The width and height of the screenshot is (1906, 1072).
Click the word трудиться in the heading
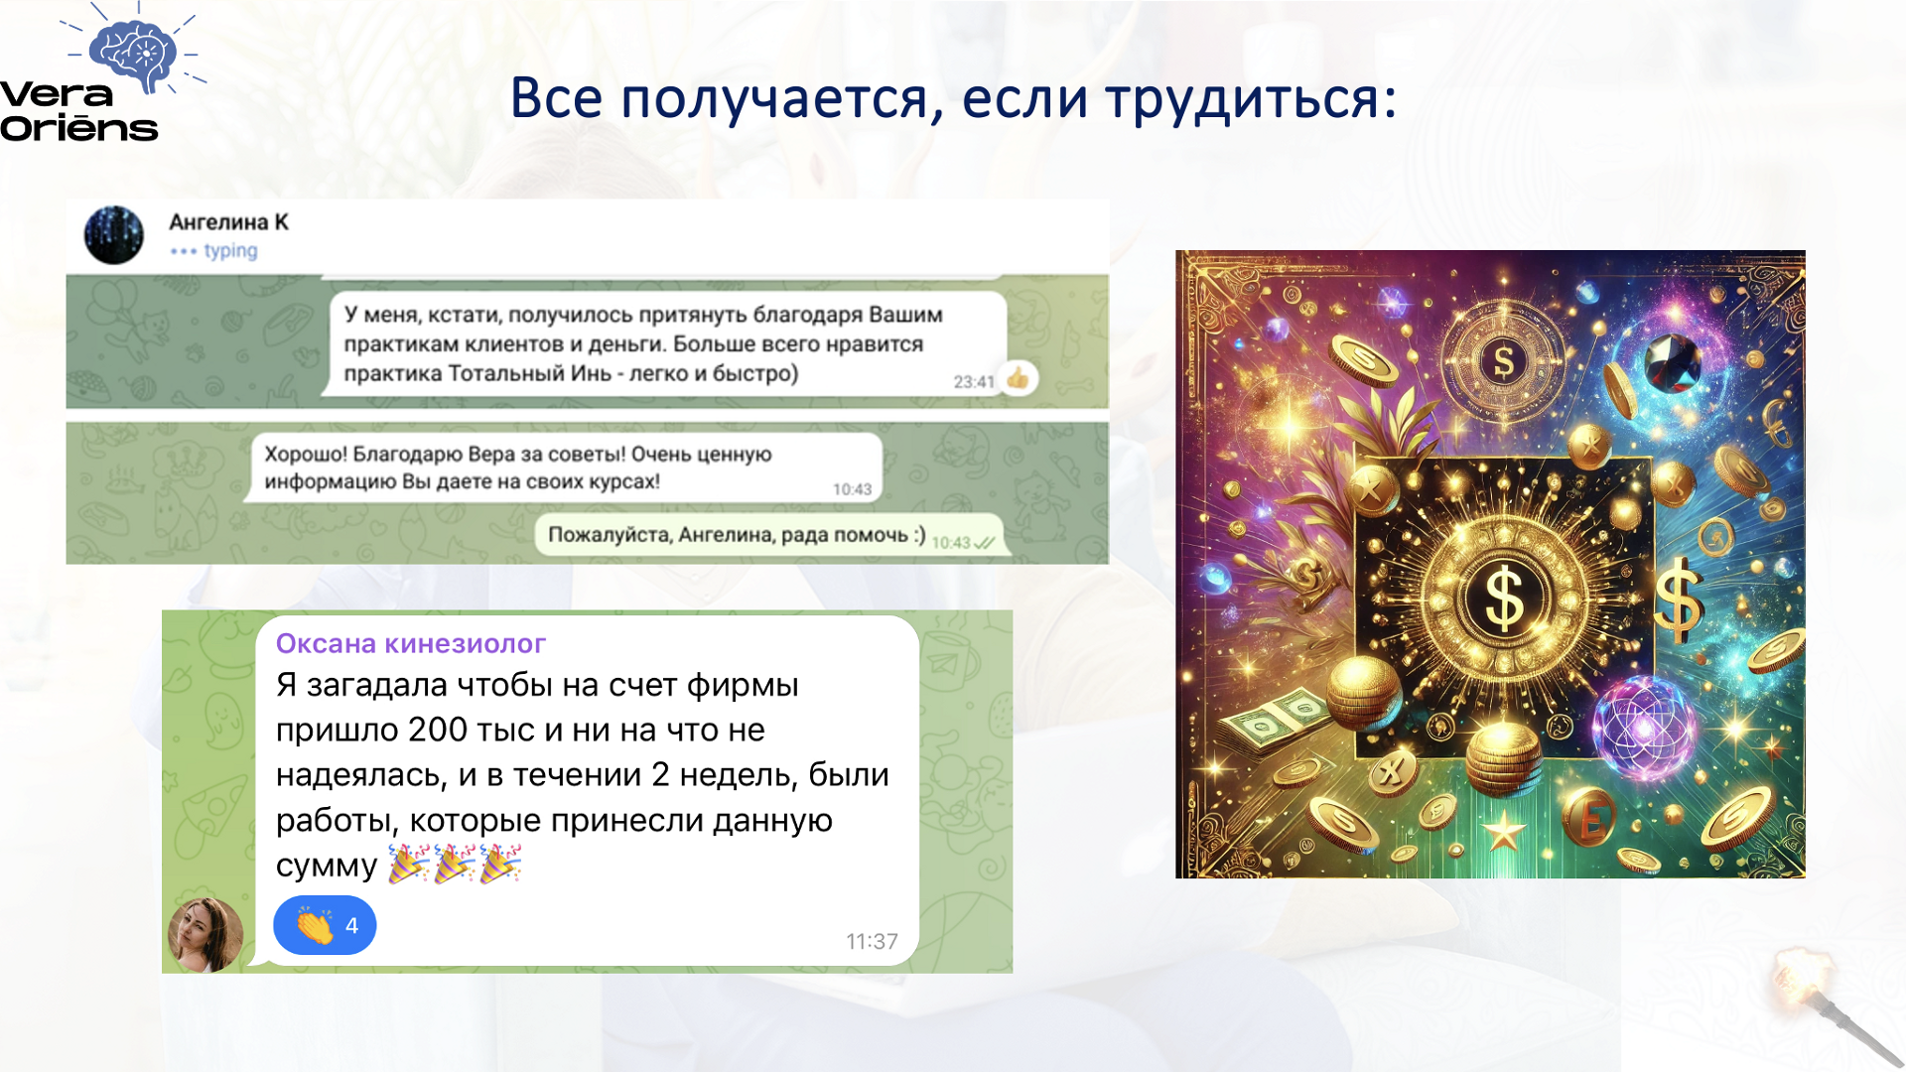(1251, 99)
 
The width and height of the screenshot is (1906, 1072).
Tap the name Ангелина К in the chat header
(228, 222)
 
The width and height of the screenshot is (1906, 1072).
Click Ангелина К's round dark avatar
(114, 235)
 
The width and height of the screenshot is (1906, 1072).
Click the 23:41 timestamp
(974, 382)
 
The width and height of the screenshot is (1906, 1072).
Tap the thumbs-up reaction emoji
(1018, 378)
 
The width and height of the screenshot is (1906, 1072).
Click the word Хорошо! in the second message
(306, 455)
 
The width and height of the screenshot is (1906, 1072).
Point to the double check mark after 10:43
(985, 543)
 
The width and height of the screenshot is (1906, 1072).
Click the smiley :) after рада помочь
(919, 535)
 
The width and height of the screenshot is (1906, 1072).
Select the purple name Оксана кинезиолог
(411, 643)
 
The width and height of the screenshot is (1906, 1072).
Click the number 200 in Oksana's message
(437, 730)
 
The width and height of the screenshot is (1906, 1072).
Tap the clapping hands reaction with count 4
(325, 925)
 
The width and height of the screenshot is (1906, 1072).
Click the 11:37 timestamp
(872, 941)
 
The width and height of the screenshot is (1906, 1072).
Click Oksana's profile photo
(205, 934)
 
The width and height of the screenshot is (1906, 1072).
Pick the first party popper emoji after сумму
(408, 864)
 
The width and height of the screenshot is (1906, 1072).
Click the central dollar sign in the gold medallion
(1504, 599)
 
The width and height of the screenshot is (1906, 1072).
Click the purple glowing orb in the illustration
(1644, 728)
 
